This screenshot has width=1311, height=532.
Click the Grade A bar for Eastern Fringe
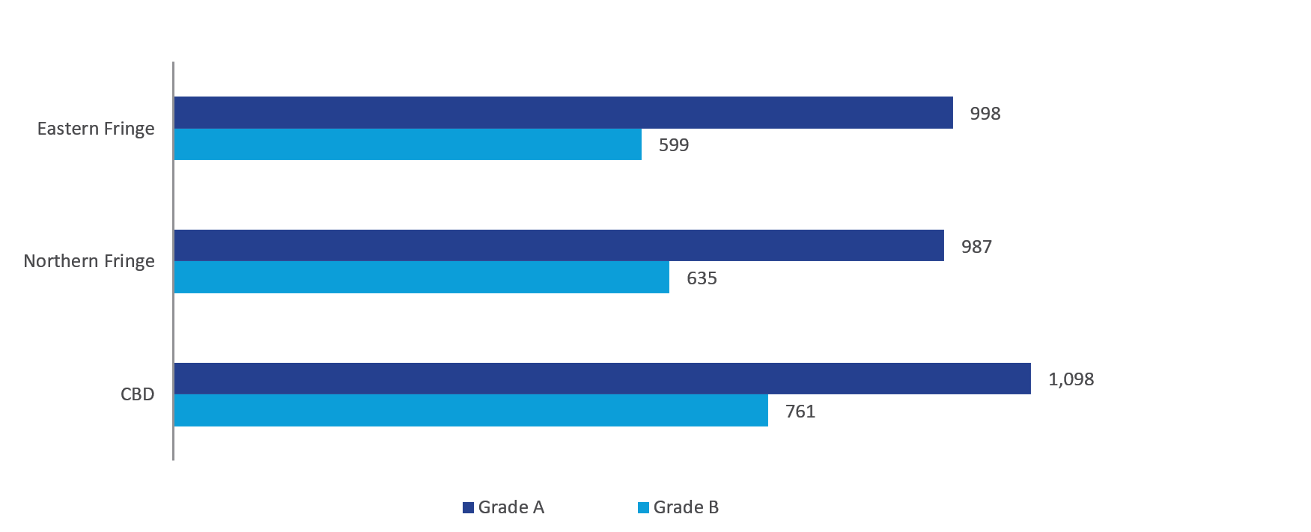(563, 112)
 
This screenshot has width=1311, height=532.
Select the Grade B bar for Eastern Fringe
(407, 144)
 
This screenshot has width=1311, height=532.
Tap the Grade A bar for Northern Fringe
(559, 245)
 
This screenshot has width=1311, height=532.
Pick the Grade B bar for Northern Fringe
(422, 278)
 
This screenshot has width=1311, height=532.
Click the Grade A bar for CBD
(602, 379)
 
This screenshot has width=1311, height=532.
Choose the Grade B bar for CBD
(471, 411)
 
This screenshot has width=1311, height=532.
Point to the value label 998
(985, 114)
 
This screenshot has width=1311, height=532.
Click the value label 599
(673, 145)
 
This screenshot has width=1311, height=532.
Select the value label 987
(976, 247)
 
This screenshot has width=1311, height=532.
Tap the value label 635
(702, 278)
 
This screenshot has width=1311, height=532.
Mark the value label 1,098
(1071, 379)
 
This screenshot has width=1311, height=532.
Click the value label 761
(800, 412)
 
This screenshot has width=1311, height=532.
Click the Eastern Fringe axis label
(96, 129)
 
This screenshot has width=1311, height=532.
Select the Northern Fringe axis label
(89, 261)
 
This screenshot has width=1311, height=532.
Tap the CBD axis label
(137, 394)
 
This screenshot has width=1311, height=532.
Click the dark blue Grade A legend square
(469, 507)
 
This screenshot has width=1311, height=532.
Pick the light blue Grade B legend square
(643, 507)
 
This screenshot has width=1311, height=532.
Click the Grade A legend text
(511, 507)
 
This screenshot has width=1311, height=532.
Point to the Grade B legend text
(686, 507)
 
